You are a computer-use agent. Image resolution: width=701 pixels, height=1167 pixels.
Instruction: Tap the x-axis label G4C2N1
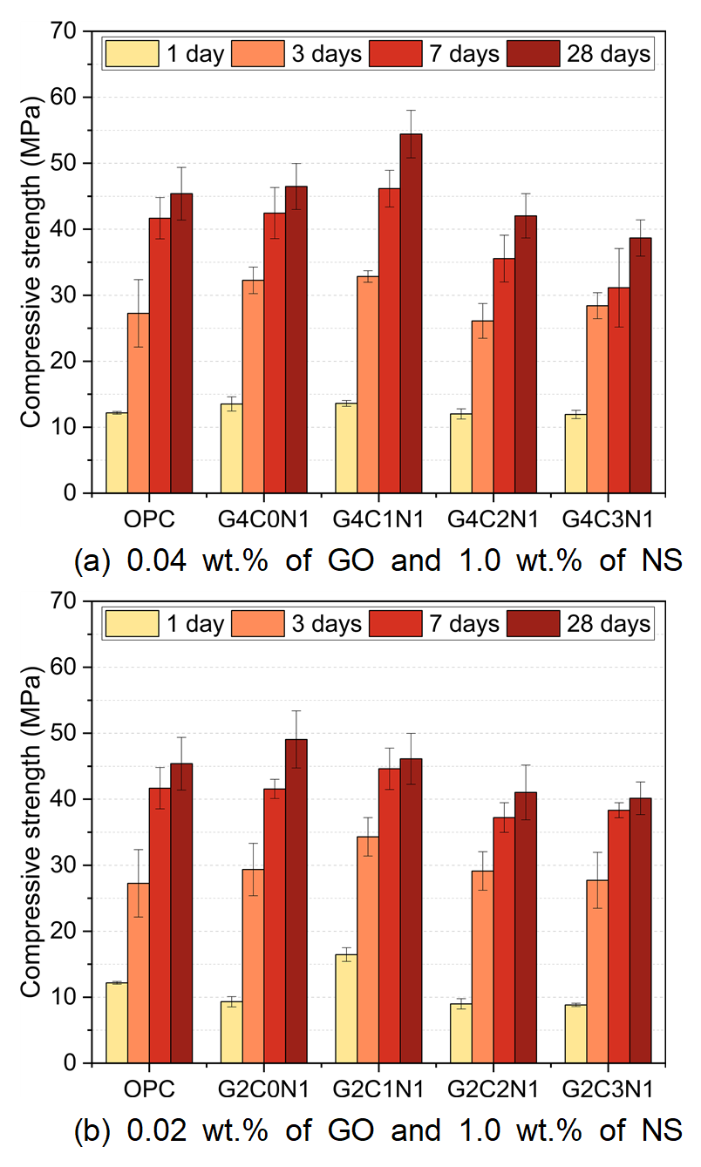pyautogui.click(x=493, y=520)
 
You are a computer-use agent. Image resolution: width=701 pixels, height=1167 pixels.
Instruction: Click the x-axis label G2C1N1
pyautogui.click(x=378, y=1089)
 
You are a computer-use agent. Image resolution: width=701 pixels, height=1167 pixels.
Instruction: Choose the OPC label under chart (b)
pyautogui.click(x=149, y=1089)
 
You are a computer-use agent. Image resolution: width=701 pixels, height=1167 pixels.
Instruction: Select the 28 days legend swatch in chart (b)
pyautogui.click(x=534, y=624)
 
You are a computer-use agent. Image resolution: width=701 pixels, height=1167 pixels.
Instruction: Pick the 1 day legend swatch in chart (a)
pyautogui.click(x=132, y=54)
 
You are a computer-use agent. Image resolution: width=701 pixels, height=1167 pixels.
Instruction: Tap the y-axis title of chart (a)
pyautogui.click(x=31, y=262)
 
